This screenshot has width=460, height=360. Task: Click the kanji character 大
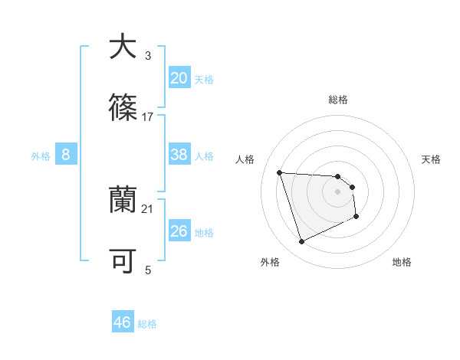122,47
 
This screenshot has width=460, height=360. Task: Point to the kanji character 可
122,261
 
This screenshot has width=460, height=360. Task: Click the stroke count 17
148,116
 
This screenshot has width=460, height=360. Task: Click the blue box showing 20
179,77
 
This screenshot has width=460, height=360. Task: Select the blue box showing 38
179,155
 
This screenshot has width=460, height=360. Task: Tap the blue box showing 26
179,231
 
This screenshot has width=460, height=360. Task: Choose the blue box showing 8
66,155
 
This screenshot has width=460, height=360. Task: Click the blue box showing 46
123,322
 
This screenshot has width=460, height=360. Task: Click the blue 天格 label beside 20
204,79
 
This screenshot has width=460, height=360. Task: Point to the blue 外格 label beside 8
41,155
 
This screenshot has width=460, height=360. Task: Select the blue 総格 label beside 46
147,324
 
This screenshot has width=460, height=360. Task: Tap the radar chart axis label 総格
338,100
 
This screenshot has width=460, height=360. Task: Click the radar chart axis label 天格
431,159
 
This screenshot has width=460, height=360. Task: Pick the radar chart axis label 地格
402,262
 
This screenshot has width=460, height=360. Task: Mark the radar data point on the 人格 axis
280,172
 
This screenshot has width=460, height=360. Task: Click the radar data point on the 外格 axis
301,242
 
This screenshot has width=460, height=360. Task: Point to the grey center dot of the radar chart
337,191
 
